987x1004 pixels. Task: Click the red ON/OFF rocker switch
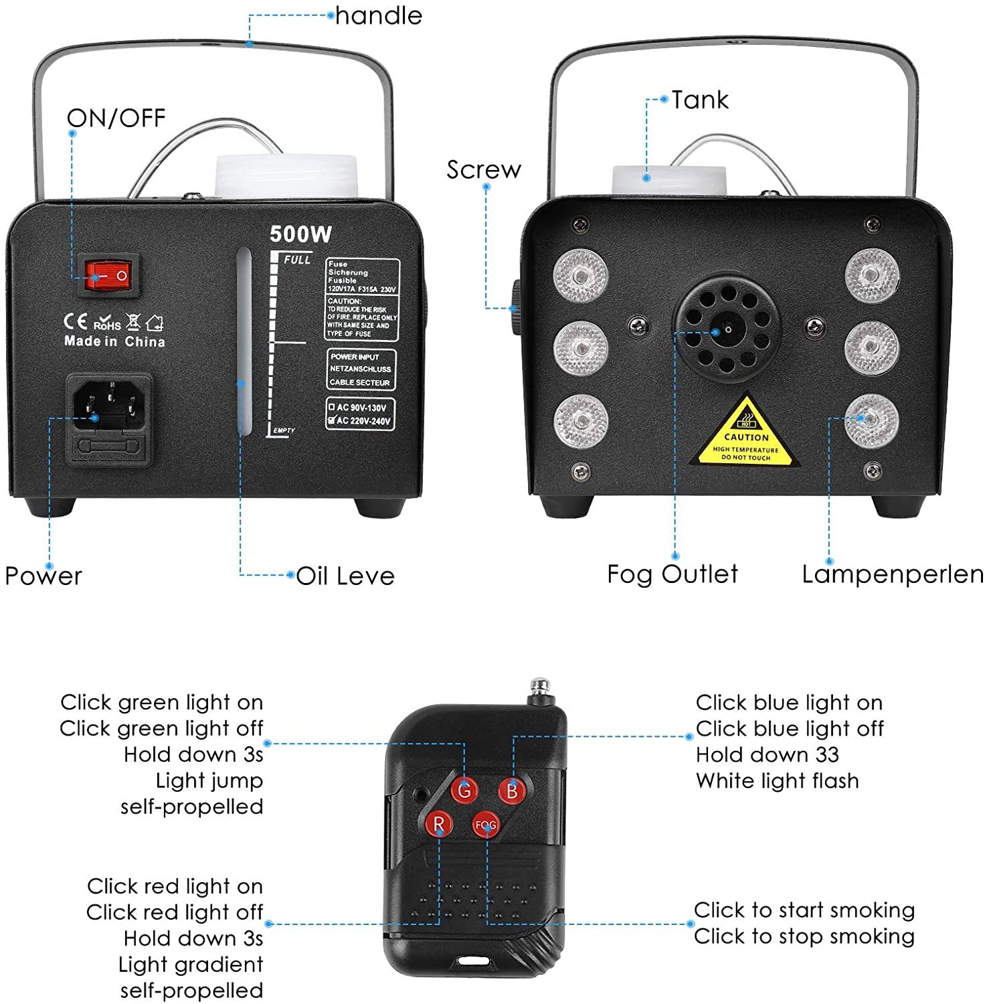110,275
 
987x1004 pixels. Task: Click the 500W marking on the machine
300,234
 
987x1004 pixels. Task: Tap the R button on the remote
439,823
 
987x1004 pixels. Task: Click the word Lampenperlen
893,574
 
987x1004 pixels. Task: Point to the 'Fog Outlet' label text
672,574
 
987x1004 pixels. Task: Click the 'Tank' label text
700,100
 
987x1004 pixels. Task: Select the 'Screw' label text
483,170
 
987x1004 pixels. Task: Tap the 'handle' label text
379,15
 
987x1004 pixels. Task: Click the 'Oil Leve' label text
345,576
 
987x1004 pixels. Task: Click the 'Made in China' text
114,341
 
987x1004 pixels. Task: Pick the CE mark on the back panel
75,322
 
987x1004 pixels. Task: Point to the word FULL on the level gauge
297,260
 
